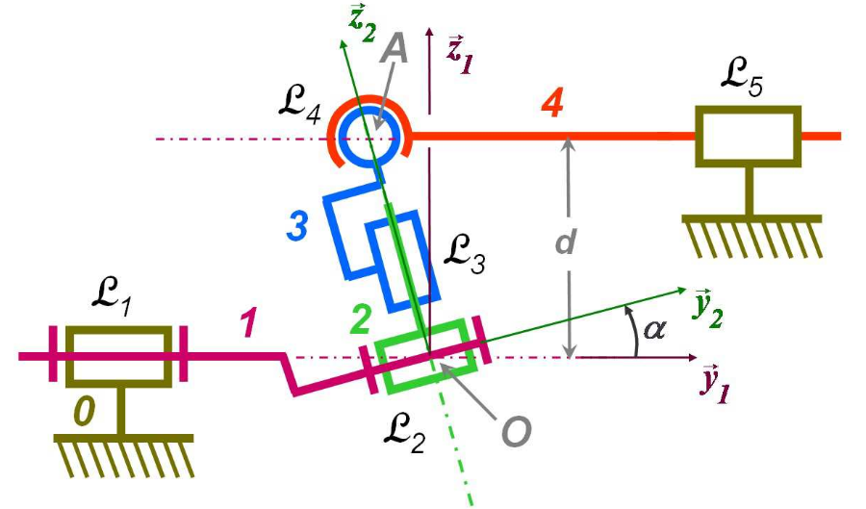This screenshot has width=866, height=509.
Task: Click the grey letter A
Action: pyautogui.click(x=394, y=49)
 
